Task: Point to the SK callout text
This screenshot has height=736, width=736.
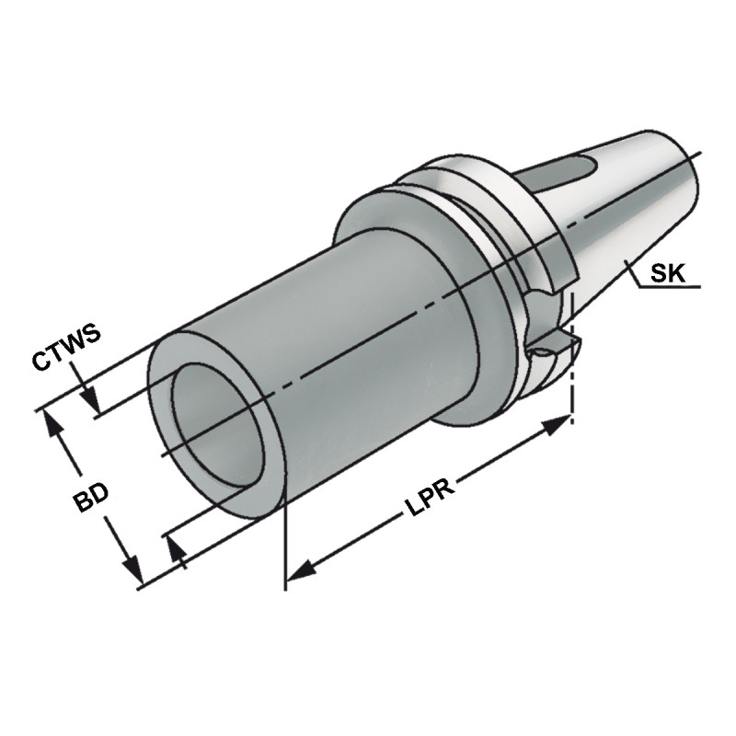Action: [x=667, y=273]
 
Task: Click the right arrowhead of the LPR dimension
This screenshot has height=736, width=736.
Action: [x=557, y=426]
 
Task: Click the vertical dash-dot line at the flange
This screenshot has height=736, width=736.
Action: [x=573, y=368]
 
